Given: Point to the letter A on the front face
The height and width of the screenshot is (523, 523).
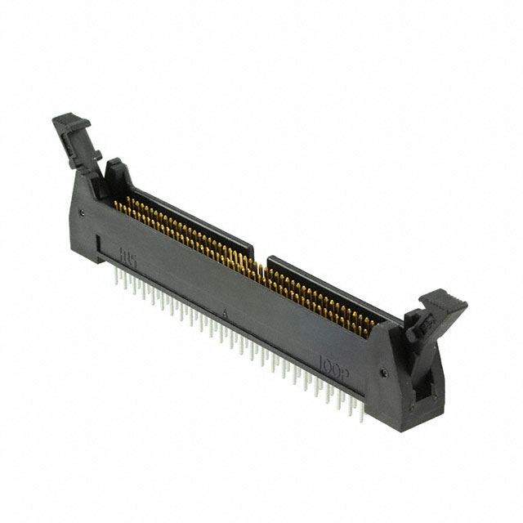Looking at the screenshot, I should [223, 311].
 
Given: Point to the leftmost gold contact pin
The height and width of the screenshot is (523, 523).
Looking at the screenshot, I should [117, 201].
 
